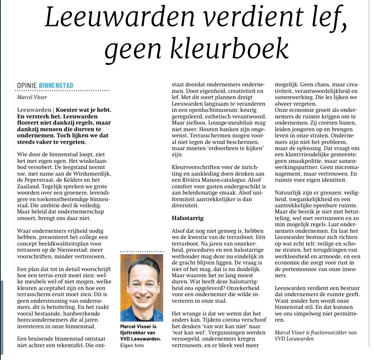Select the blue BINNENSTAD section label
coord(56,86)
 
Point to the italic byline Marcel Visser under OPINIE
coord(32,98)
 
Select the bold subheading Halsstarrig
coord(188,217)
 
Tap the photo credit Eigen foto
coord(133,346)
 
